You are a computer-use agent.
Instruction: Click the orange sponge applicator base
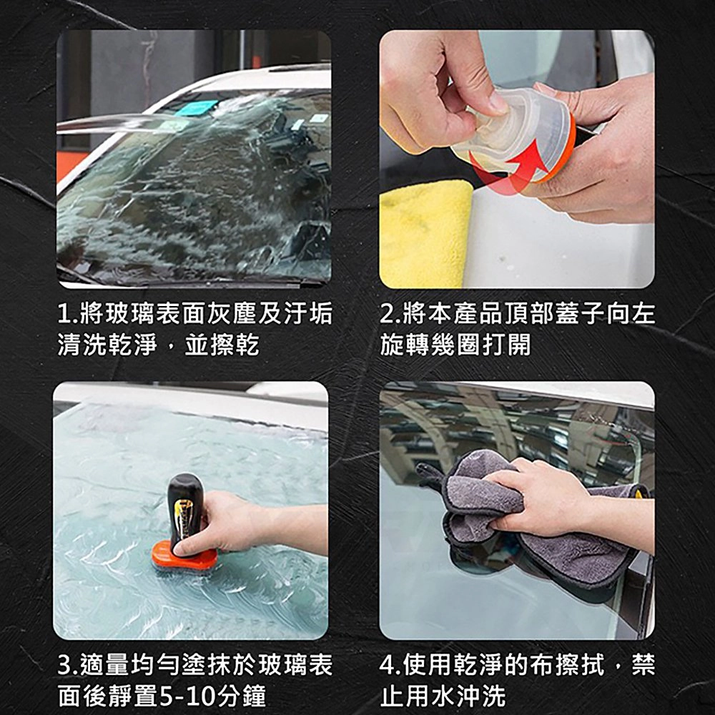[x=184, y=556]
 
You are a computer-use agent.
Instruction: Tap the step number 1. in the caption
[x=68, y=314]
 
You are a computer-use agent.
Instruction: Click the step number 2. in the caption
[x=391, y=314]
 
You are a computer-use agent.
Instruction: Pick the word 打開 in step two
[x=506, y=345]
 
